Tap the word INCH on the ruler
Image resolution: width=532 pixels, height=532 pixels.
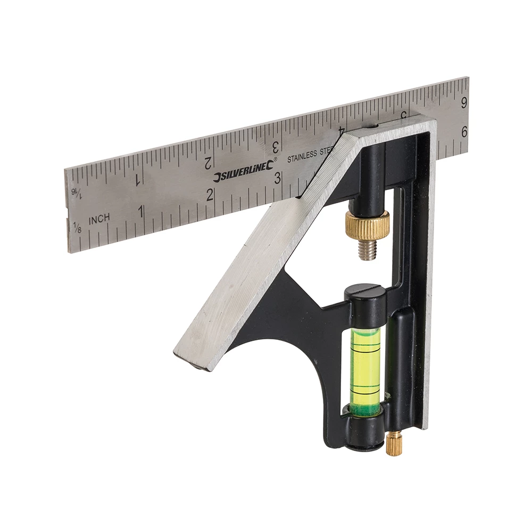99,218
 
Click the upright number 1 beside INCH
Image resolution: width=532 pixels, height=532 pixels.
141,211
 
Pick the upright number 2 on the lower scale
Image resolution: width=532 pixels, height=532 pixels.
210,195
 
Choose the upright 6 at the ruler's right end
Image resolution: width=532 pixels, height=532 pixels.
464,132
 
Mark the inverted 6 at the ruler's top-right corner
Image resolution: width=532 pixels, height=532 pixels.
464,102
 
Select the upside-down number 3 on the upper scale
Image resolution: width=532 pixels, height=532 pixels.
276,146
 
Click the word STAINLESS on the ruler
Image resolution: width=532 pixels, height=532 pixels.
302,157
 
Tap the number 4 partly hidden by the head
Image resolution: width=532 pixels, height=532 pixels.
341,130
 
